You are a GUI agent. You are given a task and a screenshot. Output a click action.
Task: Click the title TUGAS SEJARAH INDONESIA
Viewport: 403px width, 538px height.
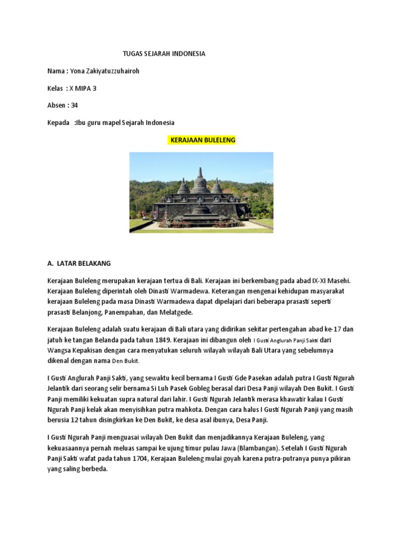(164, 54)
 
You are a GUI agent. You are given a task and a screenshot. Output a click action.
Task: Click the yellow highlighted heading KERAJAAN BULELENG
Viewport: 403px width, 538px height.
(202, 140)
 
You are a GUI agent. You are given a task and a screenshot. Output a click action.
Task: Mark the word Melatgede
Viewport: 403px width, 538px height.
(177, 312)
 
